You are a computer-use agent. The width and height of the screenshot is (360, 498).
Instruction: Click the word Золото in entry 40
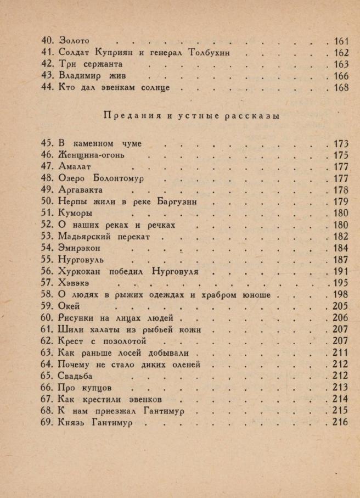click(74, 41)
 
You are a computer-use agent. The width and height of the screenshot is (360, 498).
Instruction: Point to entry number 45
click(48, 143)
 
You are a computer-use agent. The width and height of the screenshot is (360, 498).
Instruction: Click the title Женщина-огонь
click(92, 155)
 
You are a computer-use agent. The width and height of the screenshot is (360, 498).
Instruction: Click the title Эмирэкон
click(81, 248)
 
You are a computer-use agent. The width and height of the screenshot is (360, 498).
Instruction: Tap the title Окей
click(69, 306)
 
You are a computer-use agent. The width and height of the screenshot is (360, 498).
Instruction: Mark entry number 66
click(48, 388)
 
